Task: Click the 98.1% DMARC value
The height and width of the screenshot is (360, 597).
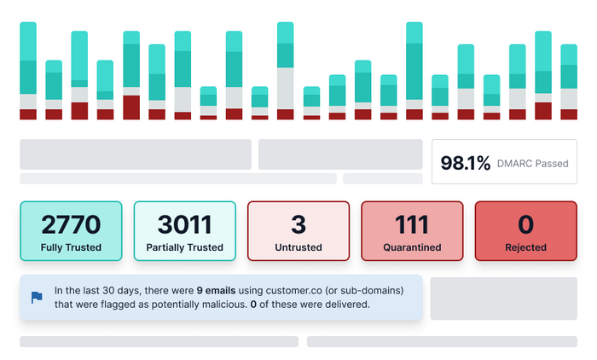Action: coord(466,162)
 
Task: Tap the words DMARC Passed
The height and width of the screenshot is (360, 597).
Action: coord(532,163)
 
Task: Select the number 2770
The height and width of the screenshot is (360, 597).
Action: coord(72,224)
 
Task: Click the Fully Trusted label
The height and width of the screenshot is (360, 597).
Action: coord(72,247)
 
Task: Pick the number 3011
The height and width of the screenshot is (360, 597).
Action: coord(185,224)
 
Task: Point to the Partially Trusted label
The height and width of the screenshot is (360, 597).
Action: coord(185,247)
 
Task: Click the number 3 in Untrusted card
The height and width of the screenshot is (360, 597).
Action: coord(298,224)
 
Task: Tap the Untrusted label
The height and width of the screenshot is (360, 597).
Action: coord(298,247)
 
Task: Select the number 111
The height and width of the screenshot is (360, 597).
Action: coord(412,224)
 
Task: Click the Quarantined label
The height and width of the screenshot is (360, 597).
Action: coord(412,247)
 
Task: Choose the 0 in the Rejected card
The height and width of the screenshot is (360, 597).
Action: coord(525,224)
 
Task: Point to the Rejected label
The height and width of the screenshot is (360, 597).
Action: coord(525,247)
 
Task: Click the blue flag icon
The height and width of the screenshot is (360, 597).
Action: coord(37,297)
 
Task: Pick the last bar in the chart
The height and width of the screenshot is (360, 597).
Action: coord(569,82)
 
